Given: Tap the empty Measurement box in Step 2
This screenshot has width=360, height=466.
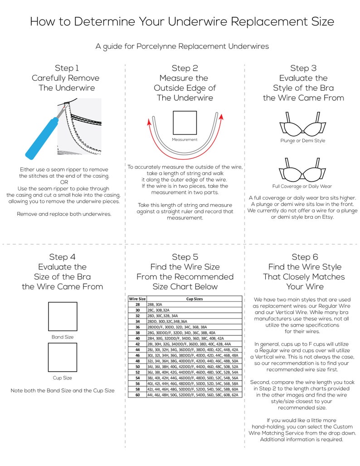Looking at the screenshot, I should click(x=185, y=123).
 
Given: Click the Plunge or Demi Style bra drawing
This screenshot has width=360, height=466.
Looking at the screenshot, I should click(x=302, y=123).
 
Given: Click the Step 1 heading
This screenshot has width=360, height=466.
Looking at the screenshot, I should click(x=67, y=68).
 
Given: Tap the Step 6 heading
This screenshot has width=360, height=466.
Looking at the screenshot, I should click(x=304, y=257).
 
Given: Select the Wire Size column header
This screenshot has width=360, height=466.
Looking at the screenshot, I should click(x=137, y=299).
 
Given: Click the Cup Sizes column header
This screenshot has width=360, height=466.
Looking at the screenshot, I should click(x=194, y=299).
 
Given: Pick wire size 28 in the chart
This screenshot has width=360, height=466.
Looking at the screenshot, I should click(x=137, y=305).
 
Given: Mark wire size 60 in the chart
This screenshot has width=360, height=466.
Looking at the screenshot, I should click(x=137, y=395).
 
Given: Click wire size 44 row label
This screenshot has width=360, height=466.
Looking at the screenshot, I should click(x=137, y=350).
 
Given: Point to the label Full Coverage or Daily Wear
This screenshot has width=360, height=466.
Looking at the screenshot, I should click(x=302, y=186).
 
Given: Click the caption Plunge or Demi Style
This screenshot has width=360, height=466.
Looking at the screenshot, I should click(x=302, y=141).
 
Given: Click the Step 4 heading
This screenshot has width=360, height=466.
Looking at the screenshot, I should click(x=62, y=257).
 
